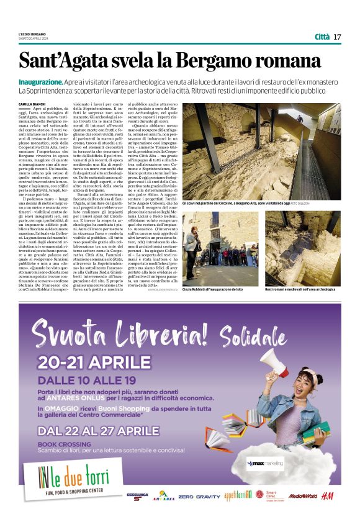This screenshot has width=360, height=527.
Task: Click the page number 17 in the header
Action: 337,37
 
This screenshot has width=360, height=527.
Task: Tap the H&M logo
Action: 328,496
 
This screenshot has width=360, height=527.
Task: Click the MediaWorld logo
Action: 302,497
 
